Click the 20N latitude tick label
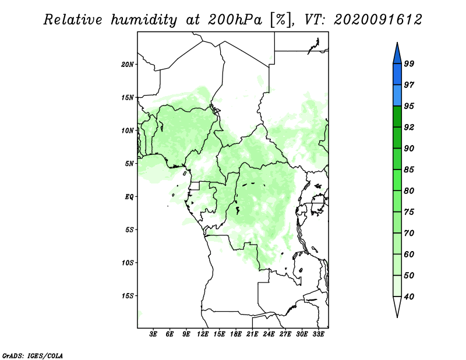pos(128,65)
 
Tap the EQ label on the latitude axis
pos(129,197)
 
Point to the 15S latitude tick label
pos(128,296)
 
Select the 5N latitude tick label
pos(129,164)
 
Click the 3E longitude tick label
pos(153,334)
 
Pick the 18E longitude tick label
pos(236,334)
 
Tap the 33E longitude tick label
pos(318,334)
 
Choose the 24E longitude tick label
pos(269,334)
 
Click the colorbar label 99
pos(409,63)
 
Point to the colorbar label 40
pos(409,297)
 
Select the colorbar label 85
pos(409,170)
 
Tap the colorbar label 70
pos(409,233)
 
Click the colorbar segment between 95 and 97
pos(397,96)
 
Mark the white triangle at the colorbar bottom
pos(397,306)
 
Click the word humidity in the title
pos(144,20)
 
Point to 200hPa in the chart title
pos(235,20)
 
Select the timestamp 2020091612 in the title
pos(377,20)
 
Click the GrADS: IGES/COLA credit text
pos(33,355)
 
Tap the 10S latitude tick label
pos(128,263)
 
